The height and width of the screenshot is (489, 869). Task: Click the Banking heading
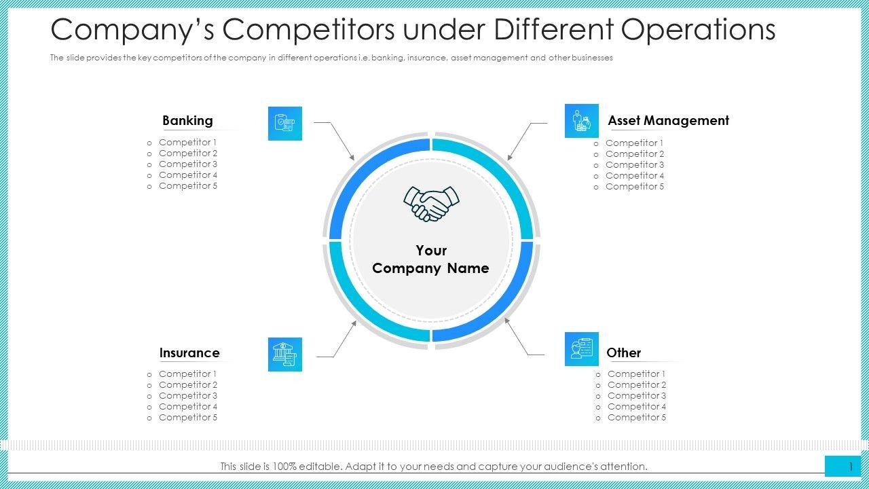coord(187,121)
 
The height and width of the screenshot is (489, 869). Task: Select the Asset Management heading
coord(668,121)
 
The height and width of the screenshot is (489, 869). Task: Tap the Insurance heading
coord(189,353)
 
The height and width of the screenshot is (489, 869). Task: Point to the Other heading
coord(623,353)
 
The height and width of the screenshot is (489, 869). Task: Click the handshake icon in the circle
coord(431,203)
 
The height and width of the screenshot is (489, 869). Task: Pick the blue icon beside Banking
coord(285,124)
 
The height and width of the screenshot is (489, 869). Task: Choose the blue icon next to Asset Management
coord(582,121)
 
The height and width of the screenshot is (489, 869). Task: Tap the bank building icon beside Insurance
coord(285,355)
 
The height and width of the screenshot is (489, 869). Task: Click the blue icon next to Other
coord(582,349)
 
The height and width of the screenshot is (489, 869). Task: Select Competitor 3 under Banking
coord(188,164)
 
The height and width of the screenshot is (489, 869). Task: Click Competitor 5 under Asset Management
coord(635,187)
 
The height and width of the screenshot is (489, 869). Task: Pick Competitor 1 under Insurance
coord(188,374)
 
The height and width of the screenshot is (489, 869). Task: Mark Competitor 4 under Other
coord(637,407)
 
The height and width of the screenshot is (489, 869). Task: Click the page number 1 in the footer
coord(850,467)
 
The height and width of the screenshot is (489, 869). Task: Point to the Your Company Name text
coord(430,259)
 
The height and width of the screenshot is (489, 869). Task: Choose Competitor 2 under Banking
coord(188,153)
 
